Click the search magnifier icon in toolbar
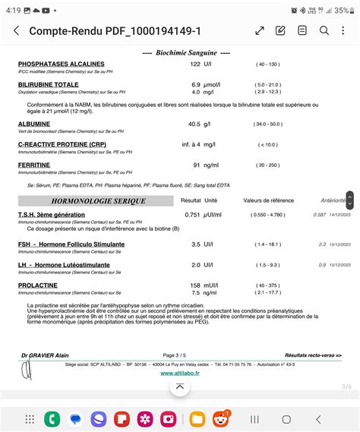coord(324,30)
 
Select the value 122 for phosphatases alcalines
coord(195,65)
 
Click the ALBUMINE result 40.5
coord(194,124)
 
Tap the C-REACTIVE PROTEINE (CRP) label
coord(62,143)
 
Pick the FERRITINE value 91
coord(197,164)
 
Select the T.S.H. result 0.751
coord(192,215)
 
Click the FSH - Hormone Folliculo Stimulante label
coord(71,244)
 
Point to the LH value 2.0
coord(196,265)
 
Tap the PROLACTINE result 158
coord(195,285)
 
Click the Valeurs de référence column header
coord(267,200)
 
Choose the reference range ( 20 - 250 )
coord(268,164)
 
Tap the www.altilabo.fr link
coord(180,373)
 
